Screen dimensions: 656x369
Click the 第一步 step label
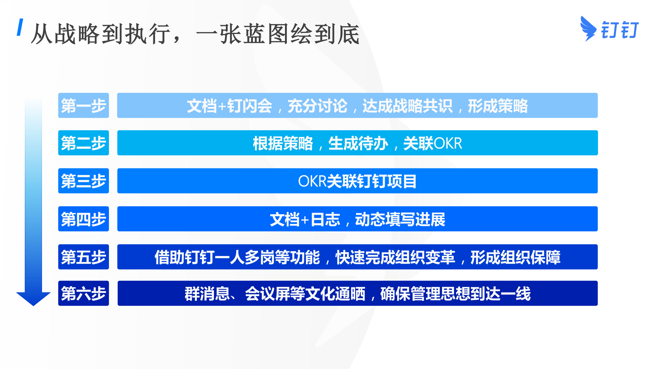pos(84,105)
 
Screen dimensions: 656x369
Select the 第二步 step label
pos(84,143)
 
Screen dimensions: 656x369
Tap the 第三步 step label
pos(84,181)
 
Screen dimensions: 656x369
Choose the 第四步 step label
pos(84,219)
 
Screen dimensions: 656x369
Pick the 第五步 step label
pos(84,257)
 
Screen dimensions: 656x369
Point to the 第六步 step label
pos(84,293)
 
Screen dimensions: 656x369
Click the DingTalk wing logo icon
pos(588,28)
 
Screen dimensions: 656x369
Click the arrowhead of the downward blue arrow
pos(33,299)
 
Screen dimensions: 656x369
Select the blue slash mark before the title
pos(20,27)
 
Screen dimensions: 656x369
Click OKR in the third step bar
pos(313,181)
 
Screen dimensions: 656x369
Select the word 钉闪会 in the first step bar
pos(250,106)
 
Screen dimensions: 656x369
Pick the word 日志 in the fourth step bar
pos(325,219)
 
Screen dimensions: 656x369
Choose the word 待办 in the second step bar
pos(373,143)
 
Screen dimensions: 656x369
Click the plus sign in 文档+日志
pos(305,220)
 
